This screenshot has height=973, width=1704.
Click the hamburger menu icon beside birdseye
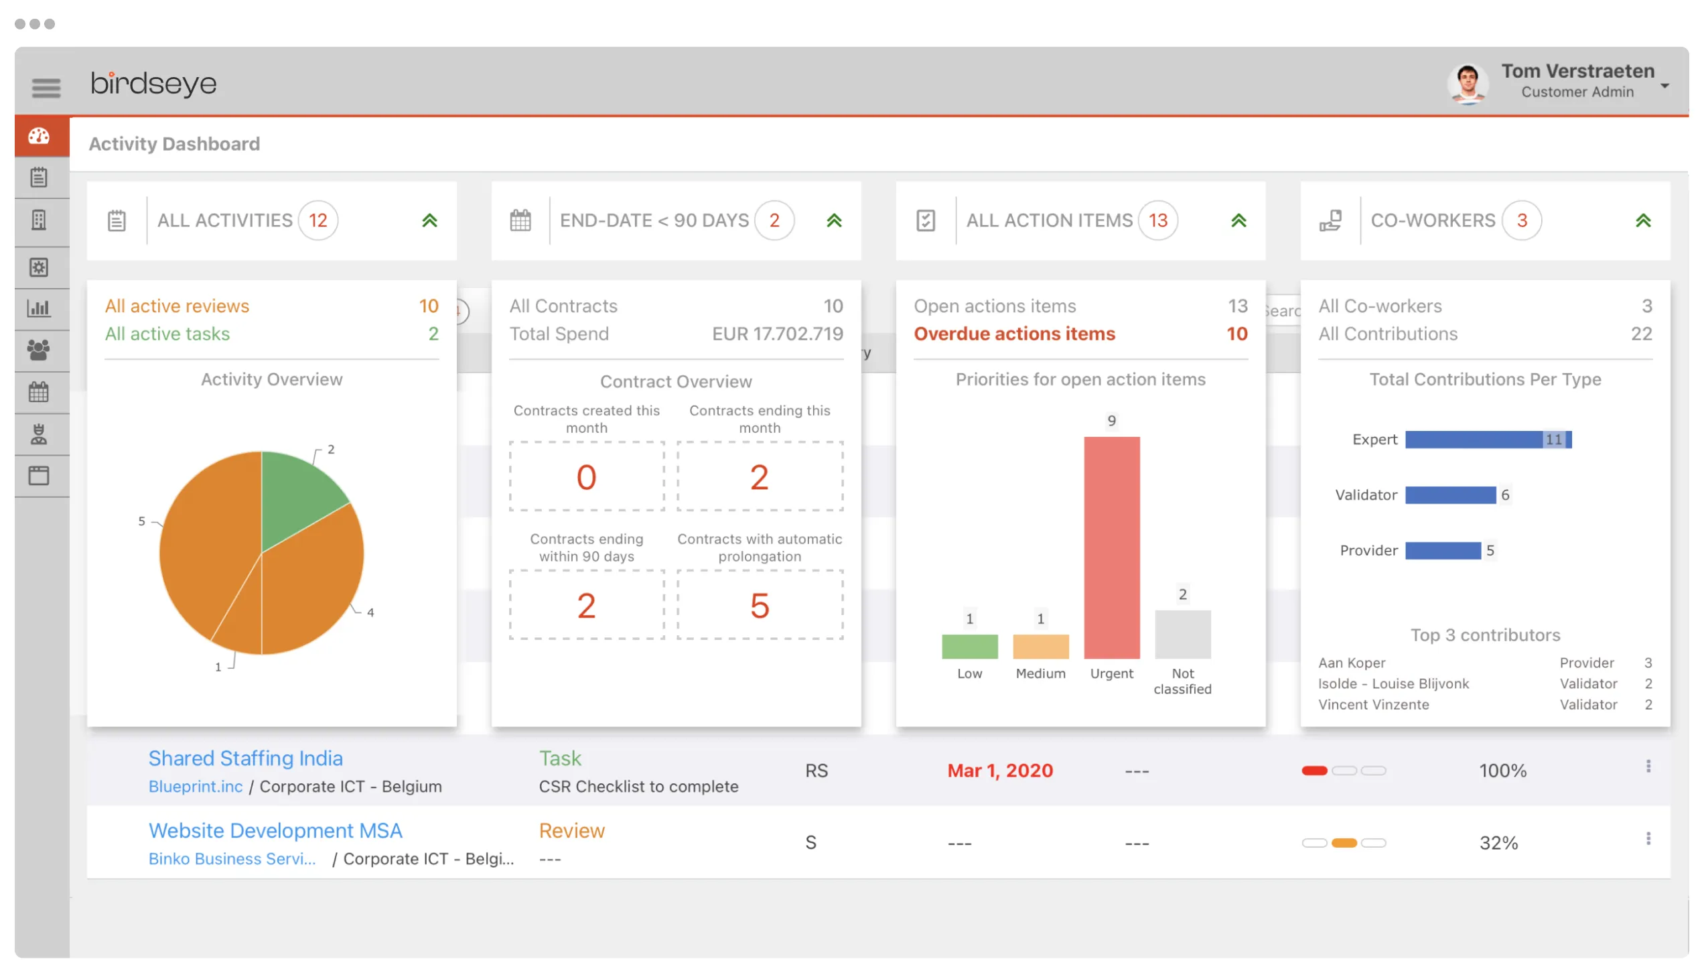[46, 87]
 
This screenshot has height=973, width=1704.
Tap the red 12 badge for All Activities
[317, 220]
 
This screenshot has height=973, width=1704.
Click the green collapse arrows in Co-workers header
[1642, 220]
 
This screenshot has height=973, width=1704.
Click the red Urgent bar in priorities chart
[1111, 547]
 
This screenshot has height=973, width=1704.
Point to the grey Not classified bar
[1182, 634]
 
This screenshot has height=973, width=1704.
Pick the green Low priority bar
[969, 646]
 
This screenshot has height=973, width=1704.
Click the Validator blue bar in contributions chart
[1450, 495]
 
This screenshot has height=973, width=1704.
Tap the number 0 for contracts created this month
[586, 477]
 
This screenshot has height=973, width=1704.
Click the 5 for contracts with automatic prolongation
[760, 606]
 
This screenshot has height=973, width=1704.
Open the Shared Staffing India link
[245, 758]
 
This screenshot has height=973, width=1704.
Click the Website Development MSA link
[275, 830]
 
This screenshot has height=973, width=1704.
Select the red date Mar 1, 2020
[1000, 771]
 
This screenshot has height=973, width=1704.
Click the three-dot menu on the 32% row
[1648, 838]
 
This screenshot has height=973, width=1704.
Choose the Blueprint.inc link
[196, 787]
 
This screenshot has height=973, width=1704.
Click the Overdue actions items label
[1014, 334]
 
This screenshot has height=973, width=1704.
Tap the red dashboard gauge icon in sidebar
[39, 136]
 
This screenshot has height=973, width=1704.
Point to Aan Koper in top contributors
[1352, 663]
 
